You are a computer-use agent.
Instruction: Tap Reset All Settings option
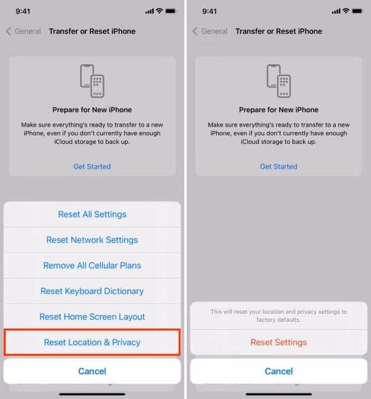92,214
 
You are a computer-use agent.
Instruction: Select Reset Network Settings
92,240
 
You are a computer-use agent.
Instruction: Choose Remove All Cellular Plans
92,266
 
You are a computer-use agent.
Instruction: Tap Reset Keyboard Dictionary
92,291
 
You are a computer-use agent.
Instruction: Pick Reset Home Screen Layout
92,317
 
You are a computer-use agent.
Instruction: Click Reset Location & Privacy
92,342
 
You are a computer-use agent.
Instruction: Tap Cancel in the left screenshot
92,371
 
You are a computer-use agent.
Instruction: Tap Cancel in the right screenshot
278,371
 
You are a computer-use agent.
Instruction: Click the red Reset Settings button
278,342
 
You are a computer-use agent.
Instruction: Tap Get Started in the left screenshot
92,166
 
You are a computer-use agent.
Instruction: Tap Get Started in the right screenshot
278,166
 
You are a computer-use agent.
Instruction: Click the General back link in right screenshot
210,31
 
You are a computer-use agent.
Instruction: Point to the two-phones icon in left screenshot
92,80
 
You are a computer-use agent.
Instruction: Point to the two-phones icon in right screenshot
278,80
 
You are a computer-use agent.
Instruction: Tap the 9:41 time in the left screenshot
23,11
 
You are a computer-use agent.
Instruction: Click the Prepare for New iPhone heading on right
278,110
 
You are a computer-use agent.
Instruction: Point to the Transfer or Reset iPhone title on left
92,31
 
